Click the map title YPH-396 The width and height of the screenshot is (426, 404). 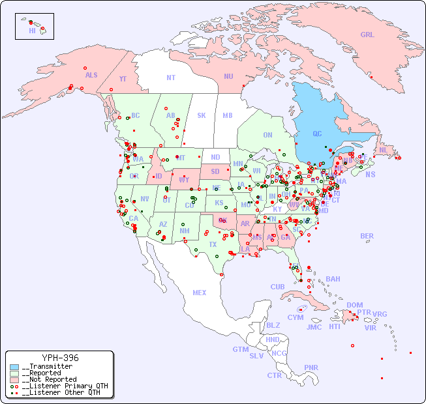pos(60,358)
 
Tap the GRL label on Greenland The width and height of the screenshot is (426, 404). pos(367,35)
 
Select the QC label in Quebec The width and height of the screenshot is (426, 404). pos(317,134)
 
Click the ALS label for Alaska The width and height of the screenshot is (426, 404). pos(91,75)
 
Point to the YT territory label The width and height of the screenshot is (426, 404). pos(123,79)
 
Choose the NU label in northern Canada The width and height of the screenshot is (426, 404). pos(228,76)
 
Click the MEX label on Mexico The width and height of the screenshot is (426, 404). pos(200,293)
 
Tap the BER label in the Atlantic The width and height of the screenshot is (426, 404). pos(367,236)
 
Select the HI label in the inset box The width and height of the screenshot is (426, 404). pos(32,31)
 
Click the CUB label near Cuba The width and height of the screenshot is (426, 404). pos(277,287)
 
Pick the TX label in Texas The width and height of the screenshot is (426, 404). pos(213,244)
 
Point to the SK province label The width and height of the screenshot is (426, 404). pos(202,115)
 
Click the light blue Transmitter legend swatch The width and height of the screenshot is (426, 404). pos(14,367)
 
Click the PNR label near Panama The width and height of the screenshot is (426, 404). pos(311,368)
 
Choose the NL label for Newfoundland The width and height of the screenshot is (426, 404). pos(383,149)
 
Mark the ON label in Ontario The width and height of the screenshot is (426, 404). pos(267,135)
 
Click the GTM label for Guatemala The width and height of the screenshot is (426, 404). pos(240,349)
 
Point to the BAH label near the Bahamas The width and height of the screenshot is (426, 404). pos(333,279)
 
